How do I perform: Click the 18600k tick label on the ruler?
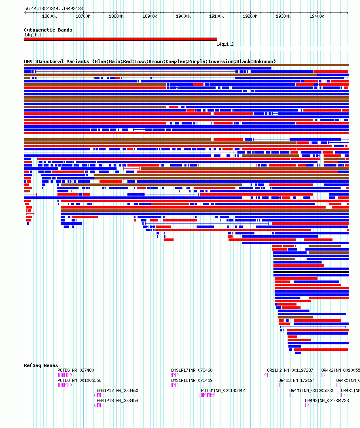coord(49,16)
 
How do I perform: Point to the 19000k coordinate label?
coord(183,16)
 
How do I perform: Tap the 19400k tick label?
coord(316,16)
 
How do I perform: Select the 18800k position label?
coord(116,16)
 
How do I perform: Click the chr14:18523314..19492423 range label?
coord(53,8)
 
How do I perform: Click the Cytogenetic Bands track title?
coord(48,30)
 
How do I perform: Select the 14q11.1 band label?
coord(33,35)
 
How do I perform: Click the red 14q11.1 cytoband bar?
coord(120,39)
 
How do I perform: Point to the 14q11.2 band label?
coord(225,44)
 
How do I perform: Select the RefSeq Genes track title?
coord(41,365)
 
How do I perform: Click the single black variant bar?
coord(311,272)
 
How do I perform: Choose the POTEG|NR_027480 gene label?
coord(76,370)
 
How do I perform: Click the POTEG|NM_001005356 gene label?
coord(79,380)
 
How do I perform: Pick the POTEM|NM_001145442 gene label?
coord(223,390)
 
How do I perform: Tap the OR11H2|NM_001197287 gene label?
coord(290,370)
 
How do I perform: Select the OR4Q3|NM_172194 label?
coord(296,380)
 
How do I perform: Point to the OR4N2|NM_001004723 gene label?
coord(327,401)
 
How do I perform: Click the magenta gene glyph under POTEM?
coord(207,395)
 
